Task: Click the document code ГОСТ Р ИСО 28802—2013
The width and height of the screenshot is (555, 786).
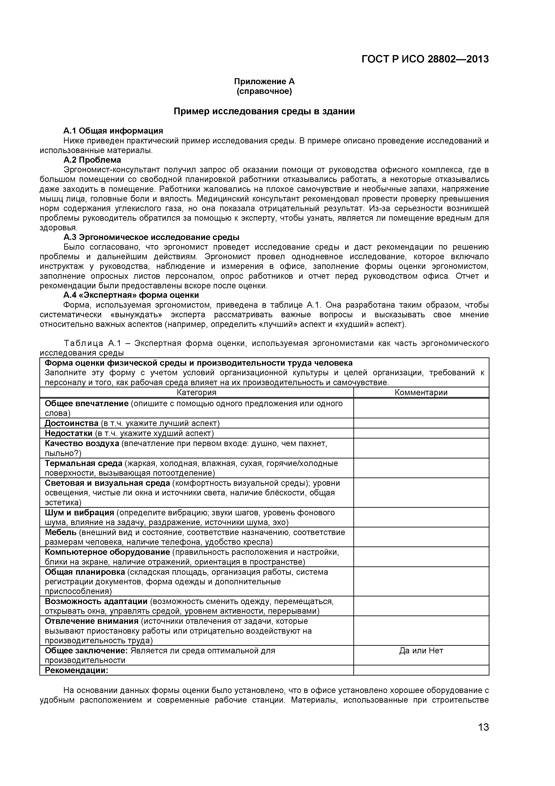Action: click(x=425, y=59)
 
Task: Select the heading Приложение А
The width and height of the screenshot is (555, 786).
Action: click(x=264, y=82)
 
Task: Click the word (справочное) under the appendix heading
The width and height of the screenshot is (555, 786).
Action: click(x=264, y=91)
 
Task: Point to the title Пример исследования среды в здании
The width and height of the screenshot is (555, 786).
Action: click(x=264, y=111)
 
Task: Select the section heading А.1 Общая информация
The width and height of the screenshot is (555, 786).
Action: click(x=113, y=131)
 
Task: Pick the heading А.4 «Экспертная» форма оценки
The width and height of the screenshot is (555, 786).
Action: click(x=131, y=295)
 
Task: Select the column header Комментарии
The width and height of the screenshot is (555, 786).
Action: click(x=421, y=392)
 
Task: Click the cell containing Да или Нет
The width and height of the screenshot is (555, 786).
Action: click(x=421, y=650)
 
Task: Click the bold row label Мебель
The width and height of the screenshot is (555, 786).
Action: click(x=60, y=532)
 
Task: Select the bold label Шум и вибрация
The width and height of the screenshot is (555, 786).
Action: click(x=79, y=512)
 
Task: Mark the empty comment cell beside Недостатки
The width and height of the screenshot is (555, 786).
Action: click(x=421, y=433)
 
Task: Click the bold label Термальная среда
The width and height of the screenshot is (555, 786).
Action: click(x=83, y=463)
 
